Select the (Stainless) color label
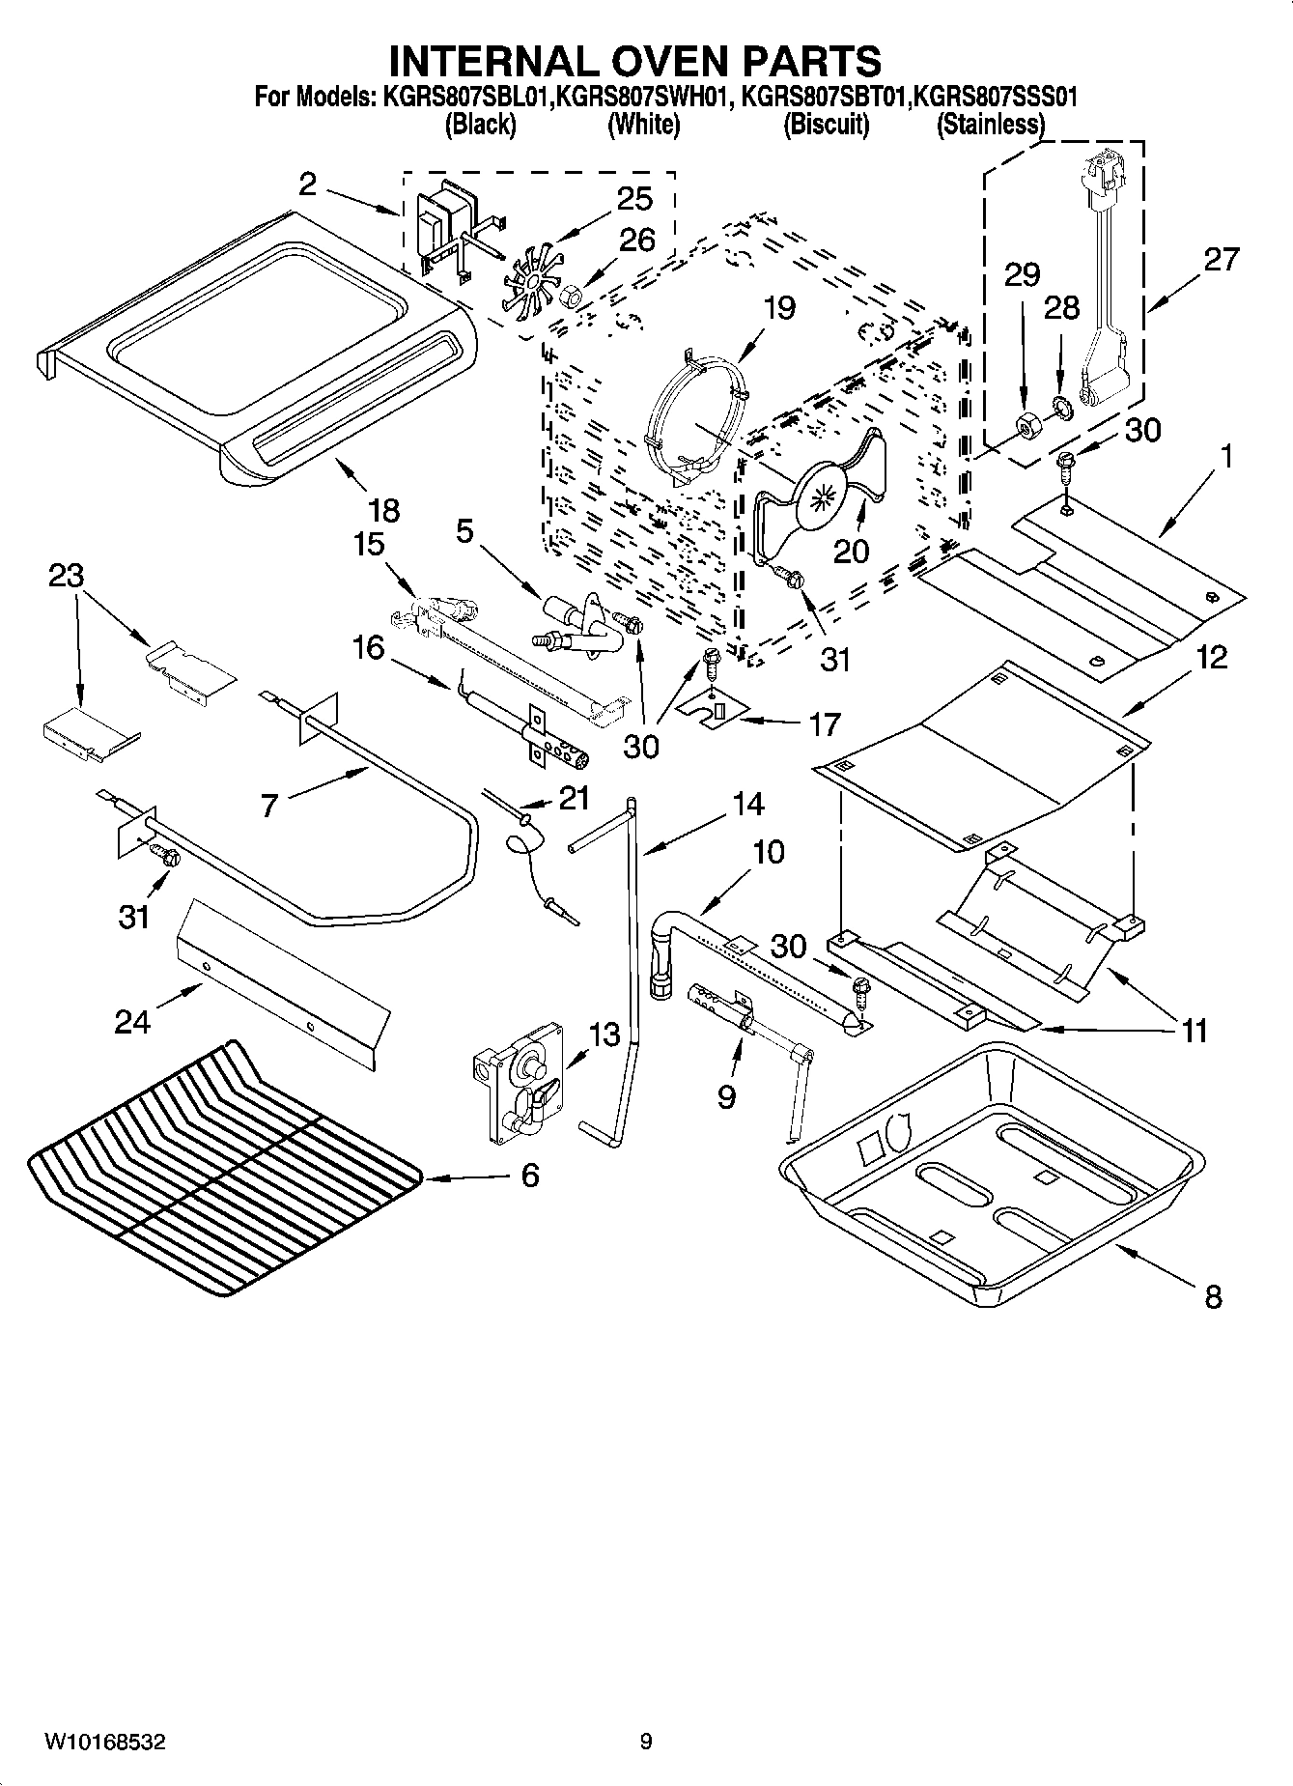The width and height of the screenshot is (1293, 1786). point(991,125)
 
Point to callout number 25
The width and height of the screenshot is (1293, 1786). point(634,198)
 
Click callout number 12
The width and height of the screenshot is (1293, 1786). point(1211,657)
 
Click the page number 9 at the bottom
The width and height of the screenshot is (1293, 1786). point(645,1742)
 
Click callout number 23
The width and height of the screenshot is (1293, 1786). point(67,576)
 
